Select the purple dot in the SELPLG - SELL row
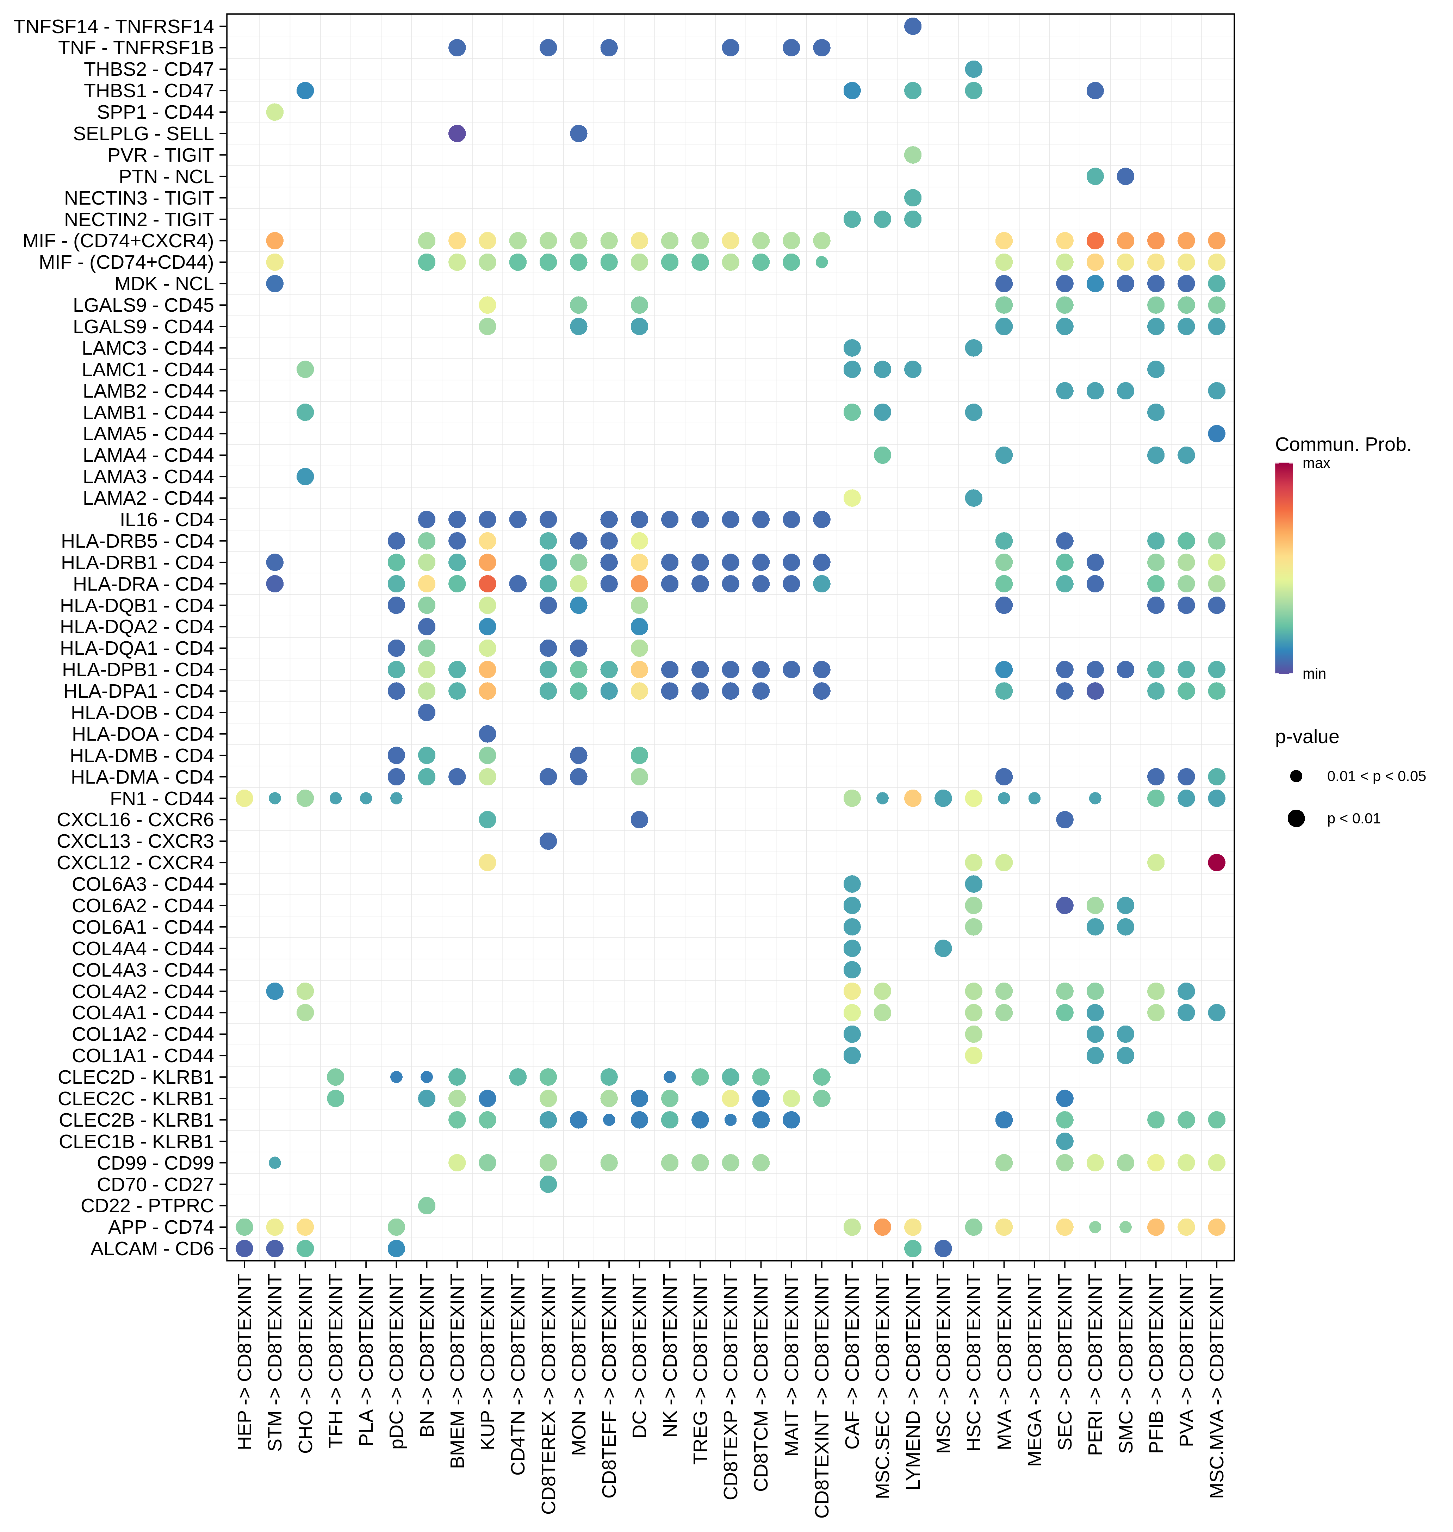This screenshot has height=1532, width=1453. tap(457, 133)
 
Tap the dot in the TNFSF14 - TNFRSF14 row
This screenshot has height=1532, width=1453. tap(912, 26)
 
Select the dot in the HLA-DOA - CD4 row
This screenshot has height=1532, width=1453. tap(487, 734)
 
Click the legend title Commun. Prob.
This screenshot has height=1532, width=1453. tap(1343, 444)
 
